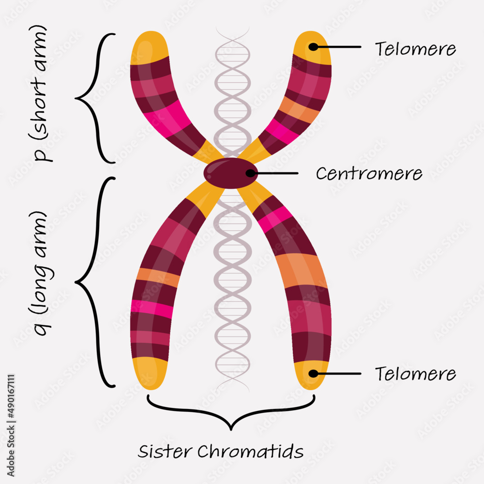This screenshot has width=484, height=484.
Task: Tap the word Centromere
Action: click(x=369, y=173)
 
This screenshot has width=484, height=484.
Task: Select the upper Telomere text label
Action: click(x=415, y=49)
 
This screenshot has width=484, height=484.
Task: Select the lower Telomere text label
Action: click(x=415, y=374)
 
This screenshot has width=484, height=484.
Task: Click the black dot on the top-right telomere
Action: click(x=313, y=47)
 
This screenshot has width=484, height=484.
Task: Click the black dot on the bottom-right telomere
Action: click(x=313, y=374)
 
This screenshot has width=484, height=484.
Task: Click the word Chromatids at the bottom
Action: click(x=250, y=451)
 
